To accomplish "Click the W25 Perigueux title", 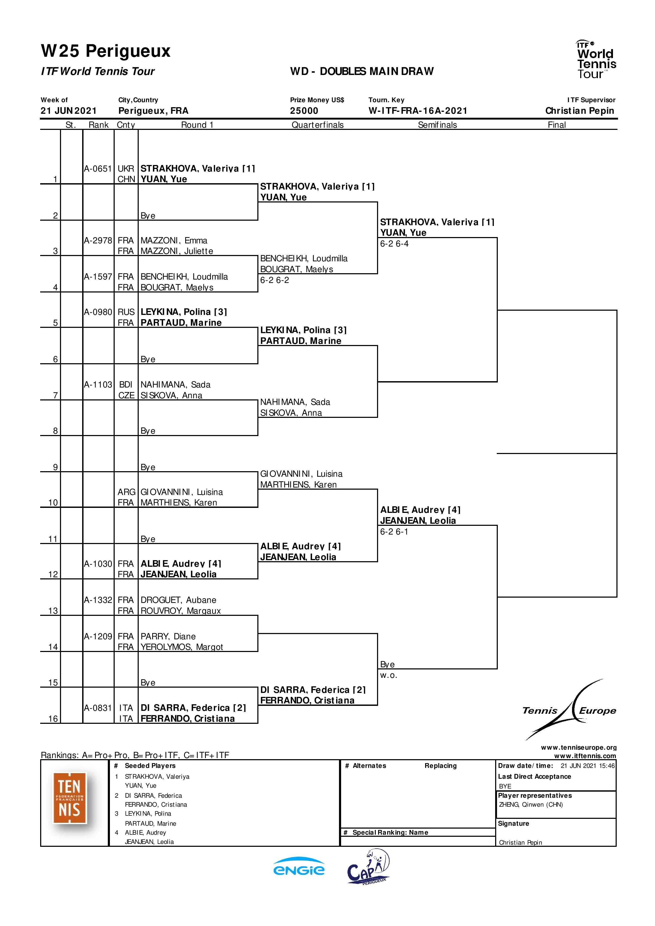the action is (106, 51).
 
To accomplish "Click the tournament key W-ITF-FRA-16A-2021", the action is (418, 111).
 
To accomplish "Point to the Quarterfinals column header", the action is (318, 125).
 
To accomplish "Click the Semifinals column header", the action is (438, 125).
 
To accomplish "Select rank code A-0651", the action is (98, 169).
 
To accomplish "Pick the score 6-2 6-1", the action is (394, 532).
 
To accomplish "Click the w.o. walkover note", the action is (389, 675).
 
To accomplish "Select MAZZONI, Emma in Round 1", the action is (174, 241).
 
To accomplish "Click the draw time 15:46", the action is (607, 766).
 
